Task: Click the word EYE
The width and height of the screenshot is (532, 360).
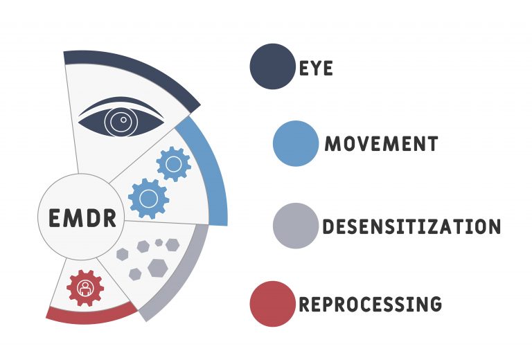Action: [316, 68]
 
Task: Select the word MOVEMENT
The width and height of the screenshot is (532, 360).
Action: [382, 143]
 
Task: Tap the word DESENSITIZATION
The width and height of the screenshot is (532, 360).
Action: [411, 226]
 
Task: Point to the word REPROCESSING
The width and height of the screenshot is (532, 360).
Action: [370, 304]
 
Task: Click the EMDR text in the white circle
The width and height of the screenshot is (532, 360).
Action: [82, 217]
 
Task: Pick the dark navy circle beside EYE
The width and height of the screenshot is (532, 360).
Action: [273, 66]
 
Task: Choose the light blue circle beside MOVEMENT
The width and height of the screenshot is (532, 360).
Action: [296, 143]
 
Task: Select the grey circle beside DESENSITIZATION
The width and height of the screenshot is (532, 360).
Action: [296, 226]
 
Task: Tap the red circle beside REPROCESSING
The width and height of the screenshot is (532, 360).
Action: [273, 304]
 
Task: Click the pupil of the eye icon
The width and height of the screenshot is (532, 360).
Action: [123, 120]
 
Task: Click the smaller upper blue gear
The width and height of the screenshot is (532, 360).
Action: [174, 164]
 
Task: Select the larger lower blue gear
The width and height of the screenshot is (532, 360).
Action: [149, 198]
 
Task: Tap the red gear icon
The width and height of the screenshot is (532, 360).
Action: [85, 288]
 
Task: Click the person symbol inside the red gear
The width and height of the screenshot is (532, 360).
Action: [85, 289]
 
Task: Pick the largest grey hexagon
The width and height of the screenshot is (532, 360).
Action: [158, 268]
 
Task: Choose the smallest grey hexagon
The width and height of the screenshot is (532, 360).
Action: [159, 242]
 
